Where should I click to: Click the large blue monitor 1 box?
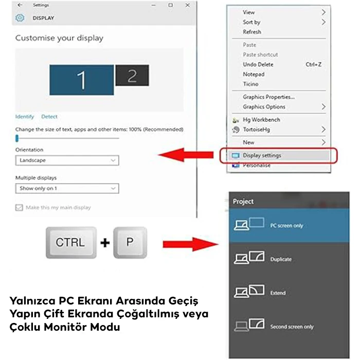click(82, 80)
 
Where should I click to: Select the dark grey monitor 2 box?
click(132, 76)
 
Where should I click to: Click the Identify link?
click(25, 117)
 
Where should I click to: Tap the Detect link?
click(49, 117)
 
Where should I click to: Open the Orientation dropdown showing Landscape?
click(67, 160)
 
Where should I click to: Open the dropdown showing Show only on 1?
click(67, 188)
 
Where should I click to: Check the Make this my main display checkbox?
click(20, 207)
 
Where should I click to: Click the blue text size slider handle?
click(17, 138)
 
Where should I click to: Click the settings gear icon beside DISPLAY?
click(20, 18)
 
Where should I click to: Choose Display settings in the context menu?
click(262, 155)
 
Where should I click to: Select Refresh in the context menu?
click(251, 32)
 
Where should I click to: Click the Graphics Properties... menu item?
click(268, 97)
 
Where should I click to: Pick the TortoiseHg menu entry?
click(256, 130)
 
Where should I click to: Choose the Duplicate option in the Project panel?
click(281, 259)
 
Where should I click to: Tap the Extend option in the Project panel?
click(278, 293)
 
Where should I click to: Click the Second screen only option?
click(292, 327)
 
